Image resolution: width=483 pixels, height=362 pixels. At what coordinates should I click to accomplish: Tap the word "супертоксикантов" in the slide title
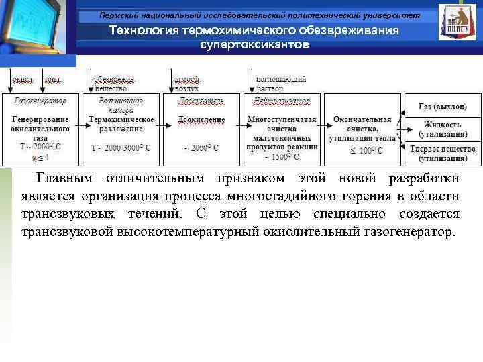pyautogui.click(x=255, y=44)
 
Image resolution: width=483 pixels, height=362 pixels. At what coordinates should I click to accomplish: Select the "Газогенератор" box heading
pyautogui.click(x=40, y=101)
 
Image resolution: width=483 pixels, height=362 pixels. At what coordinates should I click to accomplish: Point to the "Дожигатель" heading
pyautogui.click(x=201, y=101)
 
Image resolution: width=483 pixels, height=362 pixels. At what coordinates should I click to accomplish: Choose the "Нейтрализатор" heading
pyautogui.click(x=282, y=101)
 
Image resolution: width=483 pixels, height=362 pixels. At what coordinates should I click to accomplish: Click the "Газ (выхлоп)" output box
pyautogui.click(x=443, y=107)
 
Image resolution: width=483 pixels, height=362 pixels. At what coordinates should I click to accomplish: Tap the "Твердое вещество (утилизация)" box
pyautogui.click(x=443, y=152)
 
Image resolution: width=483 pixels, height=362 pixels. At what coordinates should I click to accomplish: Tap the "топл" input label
pyautogui.click(x=52, y=79)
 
